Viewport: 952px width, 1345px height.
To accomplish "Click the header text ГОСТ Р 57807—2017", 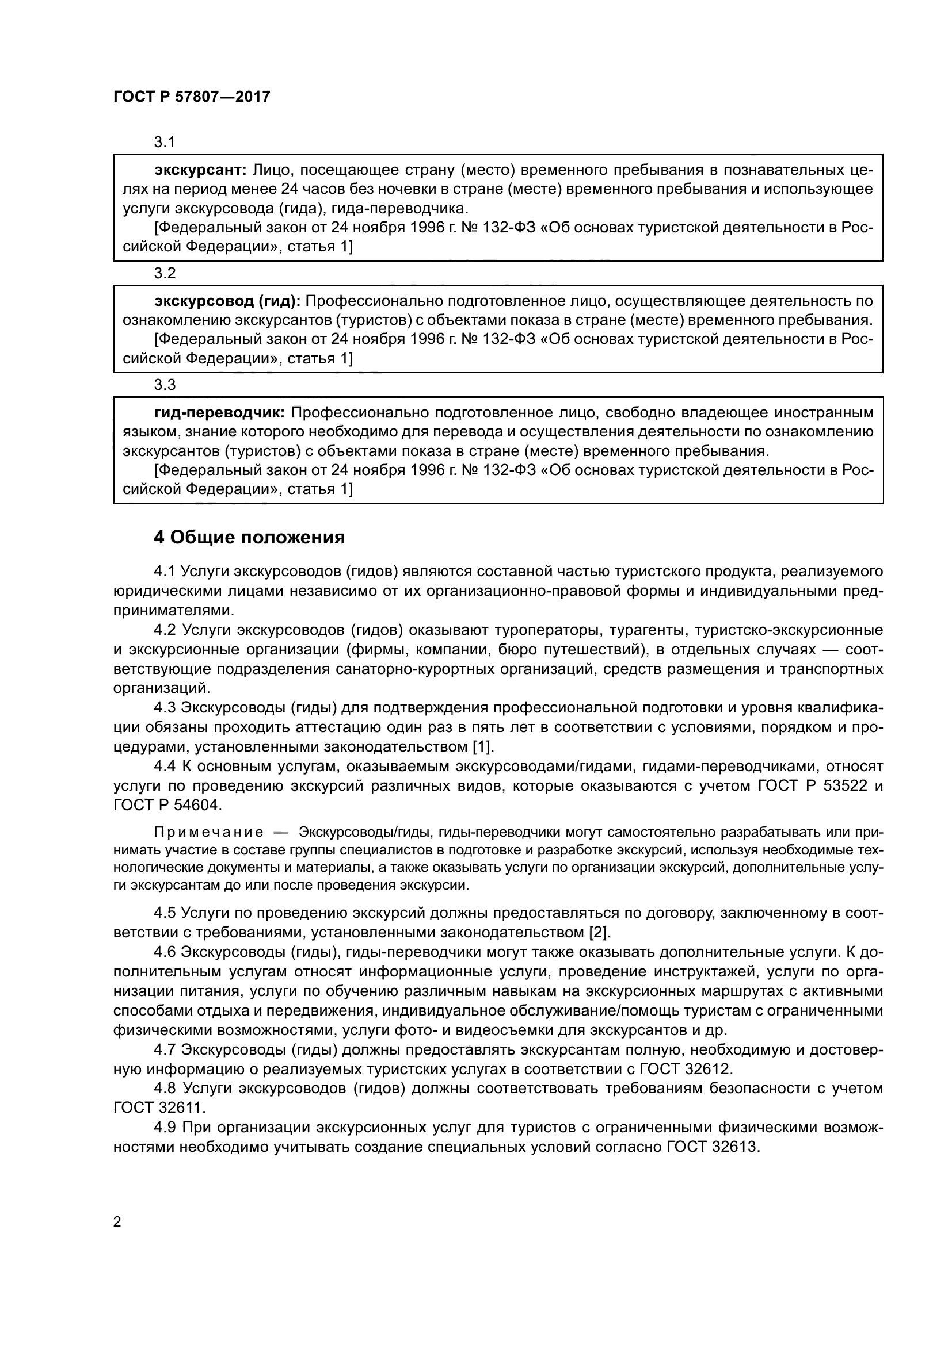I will click(192, 97).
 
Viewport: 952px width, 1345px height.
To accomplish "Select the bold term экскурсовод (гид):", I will click(227, 301).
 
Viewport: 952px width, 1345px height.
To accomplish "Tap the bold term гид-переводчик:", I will click(219, 413).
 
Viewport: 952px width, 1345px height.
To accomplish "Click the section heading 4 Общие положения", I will click(249, 537).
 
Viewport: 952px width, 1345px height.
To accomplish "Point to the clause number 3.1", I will click(165, 143).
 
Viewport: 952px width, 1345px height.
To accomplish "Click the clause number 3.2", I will click(165, 274).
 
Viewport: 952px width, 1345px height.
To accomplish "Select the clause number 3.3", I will click(165, 385).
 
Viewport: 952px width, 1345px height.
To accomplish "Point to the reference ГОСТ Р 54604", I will click(166, 806).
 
